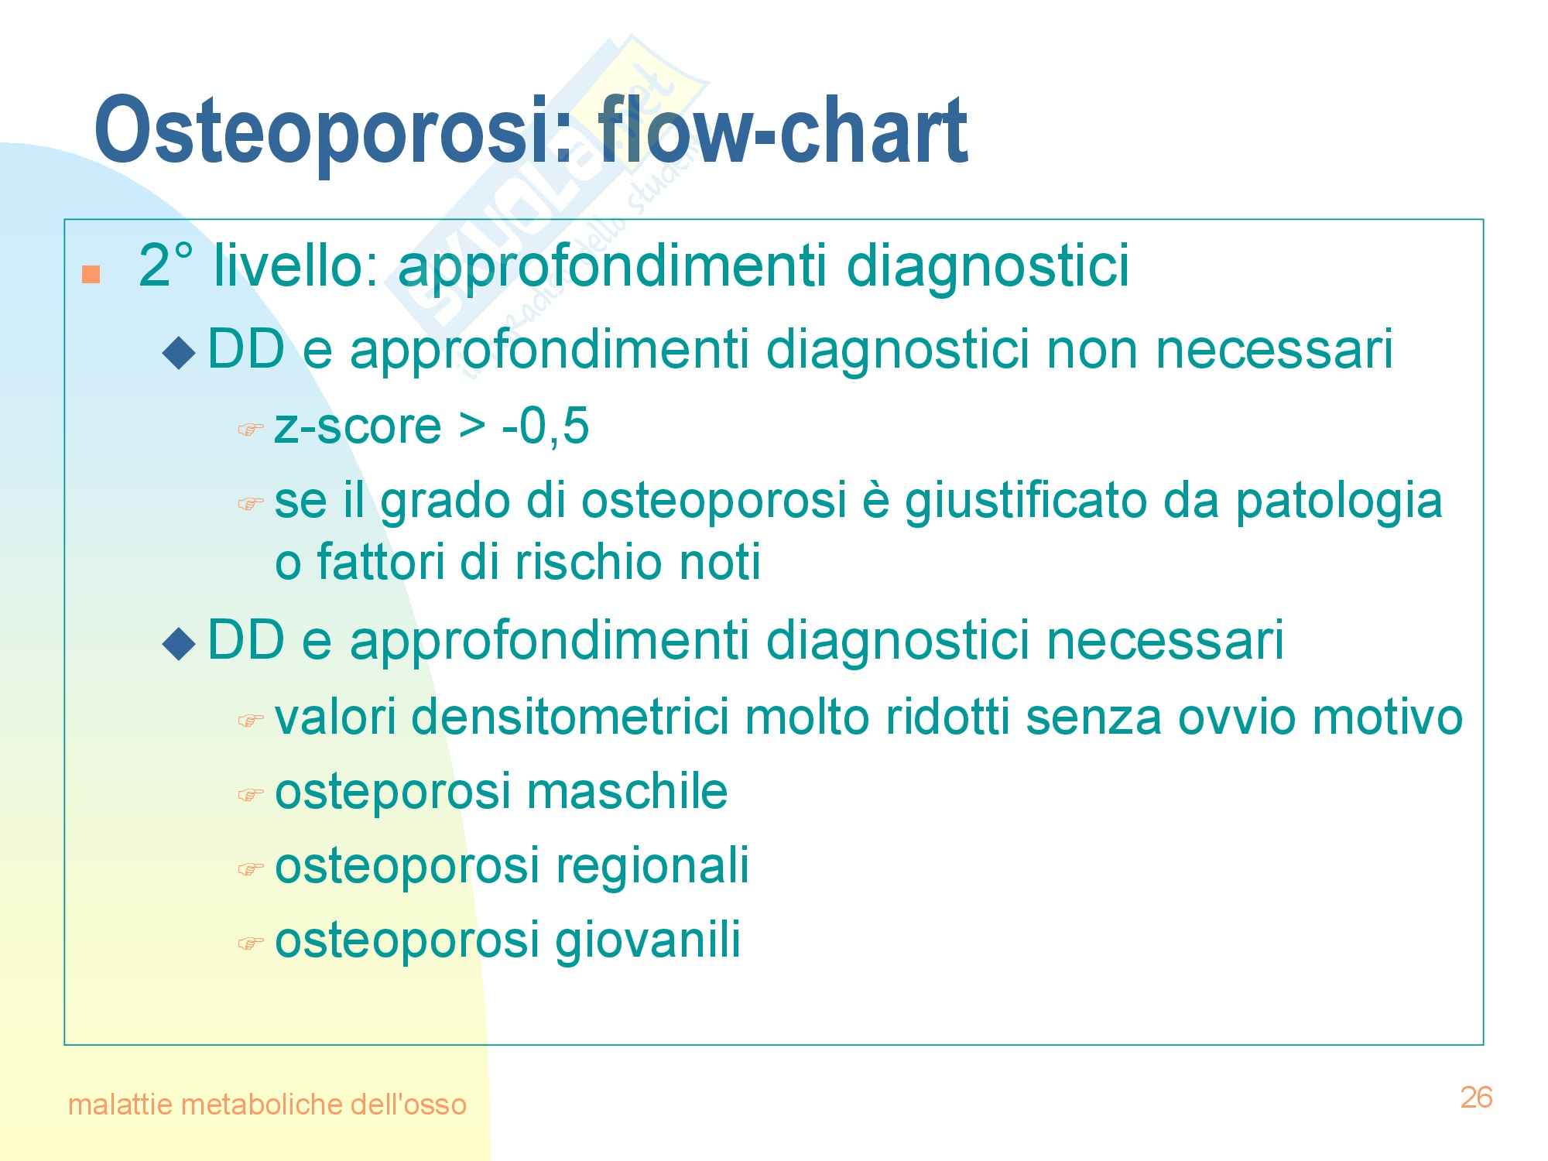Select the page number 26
coord(1476,1098)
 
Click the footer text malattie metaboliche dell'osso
coord(267,1104)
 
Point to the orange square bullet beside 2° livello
coord(91,275)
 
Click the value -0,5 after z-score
coord(546,427)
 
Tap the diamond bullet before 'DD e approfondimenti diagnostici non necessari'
coord(180,354)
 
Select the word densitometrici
coord(570,717)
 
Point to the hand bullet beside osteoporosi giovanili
coord(250,944)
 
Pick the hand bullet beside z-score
coord(250,430)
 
